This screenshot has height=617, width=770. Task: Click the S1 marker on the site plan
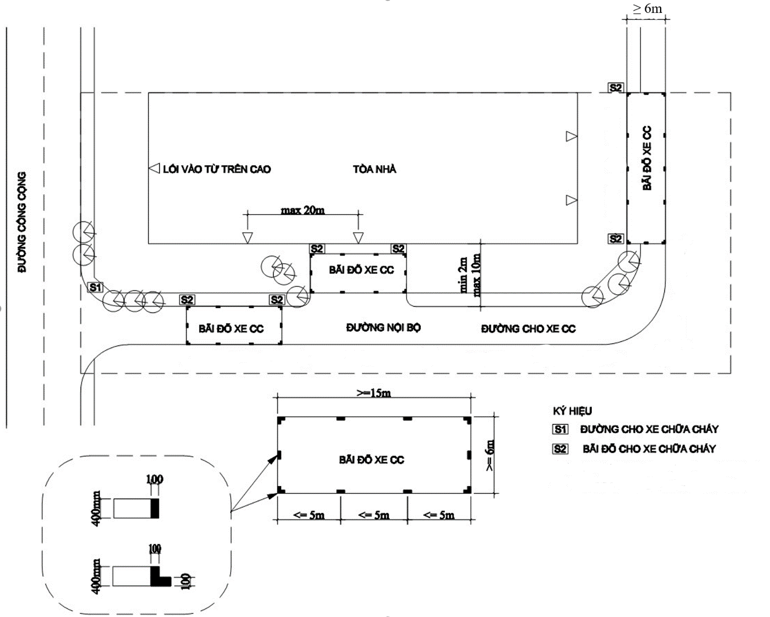tap(95, 287)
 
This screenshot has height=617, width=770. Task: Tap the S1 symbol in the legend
tap(560, 429)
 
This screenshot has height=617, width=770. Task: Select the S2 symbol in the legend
tap(560, 449)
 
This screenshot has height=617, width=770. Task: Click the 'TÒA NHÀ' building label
tap(375, 169)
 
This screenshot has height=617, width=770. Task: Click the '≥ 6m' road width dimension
tap(647, 9)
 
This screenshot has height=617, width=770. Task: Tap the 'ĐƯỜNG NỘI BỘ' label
tap(383, 328)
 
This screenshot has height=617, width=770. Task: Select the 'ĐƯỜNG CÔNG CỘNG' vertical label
tap(22, 222)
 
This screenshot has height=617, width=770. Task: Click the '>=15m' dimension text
tap(373, 393)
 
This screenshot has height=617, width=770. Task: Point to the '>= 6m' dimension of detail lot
tap(490, 455)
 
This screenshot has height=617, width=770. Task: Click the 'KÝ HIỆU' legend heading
tap(572, 411)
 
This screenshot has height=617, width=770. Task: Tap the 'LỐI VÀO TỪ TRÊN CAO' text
tap(217, 169)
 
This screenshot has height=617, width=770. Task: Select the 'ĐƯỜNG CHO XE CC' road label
tap(528, 329)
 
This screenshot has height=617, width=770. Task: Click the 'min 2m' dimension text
tap(464, 274)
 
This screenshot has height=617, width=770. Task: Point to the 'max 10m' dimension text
tap(476, 274)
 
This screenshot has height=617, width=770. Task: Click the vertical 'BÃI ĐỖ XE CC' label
tap(647, 158)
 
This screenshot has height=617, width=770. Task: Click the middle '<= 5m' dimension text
tap(373, 515)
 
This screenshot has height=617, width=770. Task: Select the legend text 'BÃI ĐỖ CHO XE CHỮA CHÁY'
tap(649, 449)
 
